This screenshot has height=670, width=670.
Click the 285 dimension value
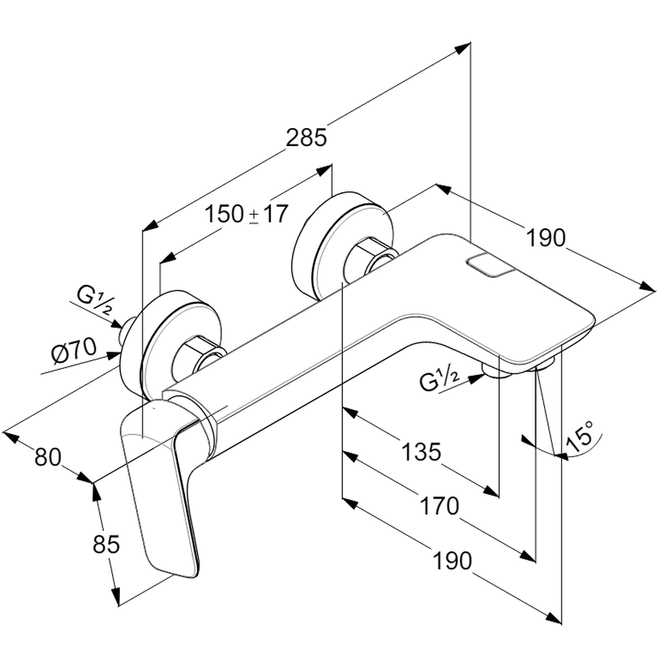pos(306,137)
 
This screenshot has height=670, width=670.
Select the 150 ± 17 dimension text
pos(246,214)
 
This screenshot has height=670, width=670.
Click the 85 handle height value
pos(106,545)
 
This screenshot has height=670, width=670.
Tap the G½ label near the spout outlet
pos(440,381)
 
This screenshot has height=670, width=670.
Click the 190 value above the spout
pos(545,237)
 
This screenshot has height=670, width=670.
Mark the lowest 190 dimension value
pos(452,560)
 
